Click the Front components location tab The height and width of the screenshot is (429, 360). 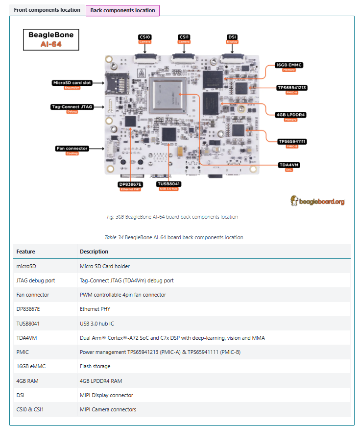pos(47,10)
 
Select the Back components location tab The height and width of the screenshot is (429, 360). pos(122,10)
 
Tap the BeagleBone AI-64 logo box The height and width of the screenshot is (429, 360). pos(51,40)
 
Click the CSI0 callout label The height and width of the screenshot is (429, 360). pos(145,37)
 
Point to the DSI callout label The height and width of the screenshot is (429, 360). pos(232,37)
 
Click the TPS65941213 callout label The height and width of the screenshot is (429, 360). pos(292,88)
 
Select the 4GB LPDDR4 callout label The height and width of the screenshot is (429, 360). pos(291,115)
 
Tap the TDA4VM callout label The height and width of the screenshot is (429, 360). pos(289,165)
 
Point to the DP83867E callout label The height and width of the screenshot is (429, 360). pos(130,184)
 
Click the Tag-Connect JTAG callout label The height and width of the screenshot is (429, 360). pos(72,106)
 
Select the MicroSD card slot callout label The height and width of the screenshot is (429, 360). pos(72,83)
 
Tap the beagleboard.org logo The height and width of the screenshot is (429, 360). pos(317,201)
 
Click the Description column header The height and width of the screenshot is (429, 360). pos(94,252)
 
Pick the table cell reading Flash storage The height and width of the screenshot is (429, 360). pos(95,366)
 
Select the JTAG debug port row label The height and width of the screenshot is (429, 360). pos(36,280)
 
